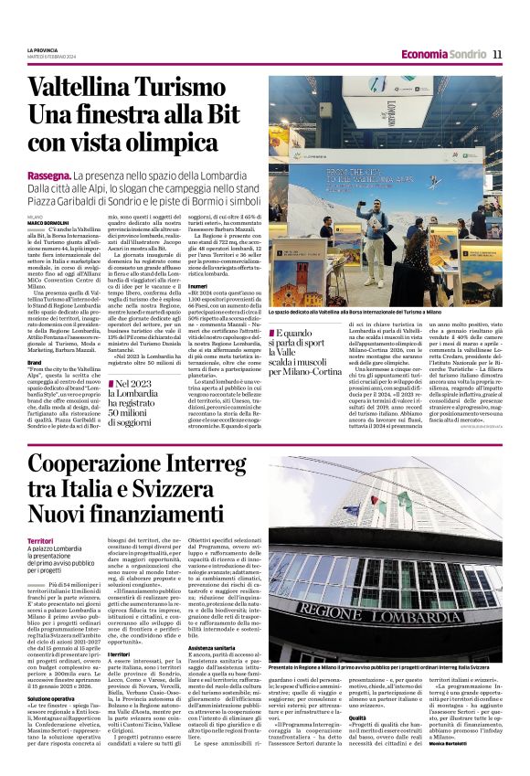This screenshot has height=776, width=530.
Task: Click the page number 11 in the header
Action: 497,54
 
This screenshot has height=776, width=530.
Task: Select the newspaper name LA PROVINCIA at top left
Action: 43,49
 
